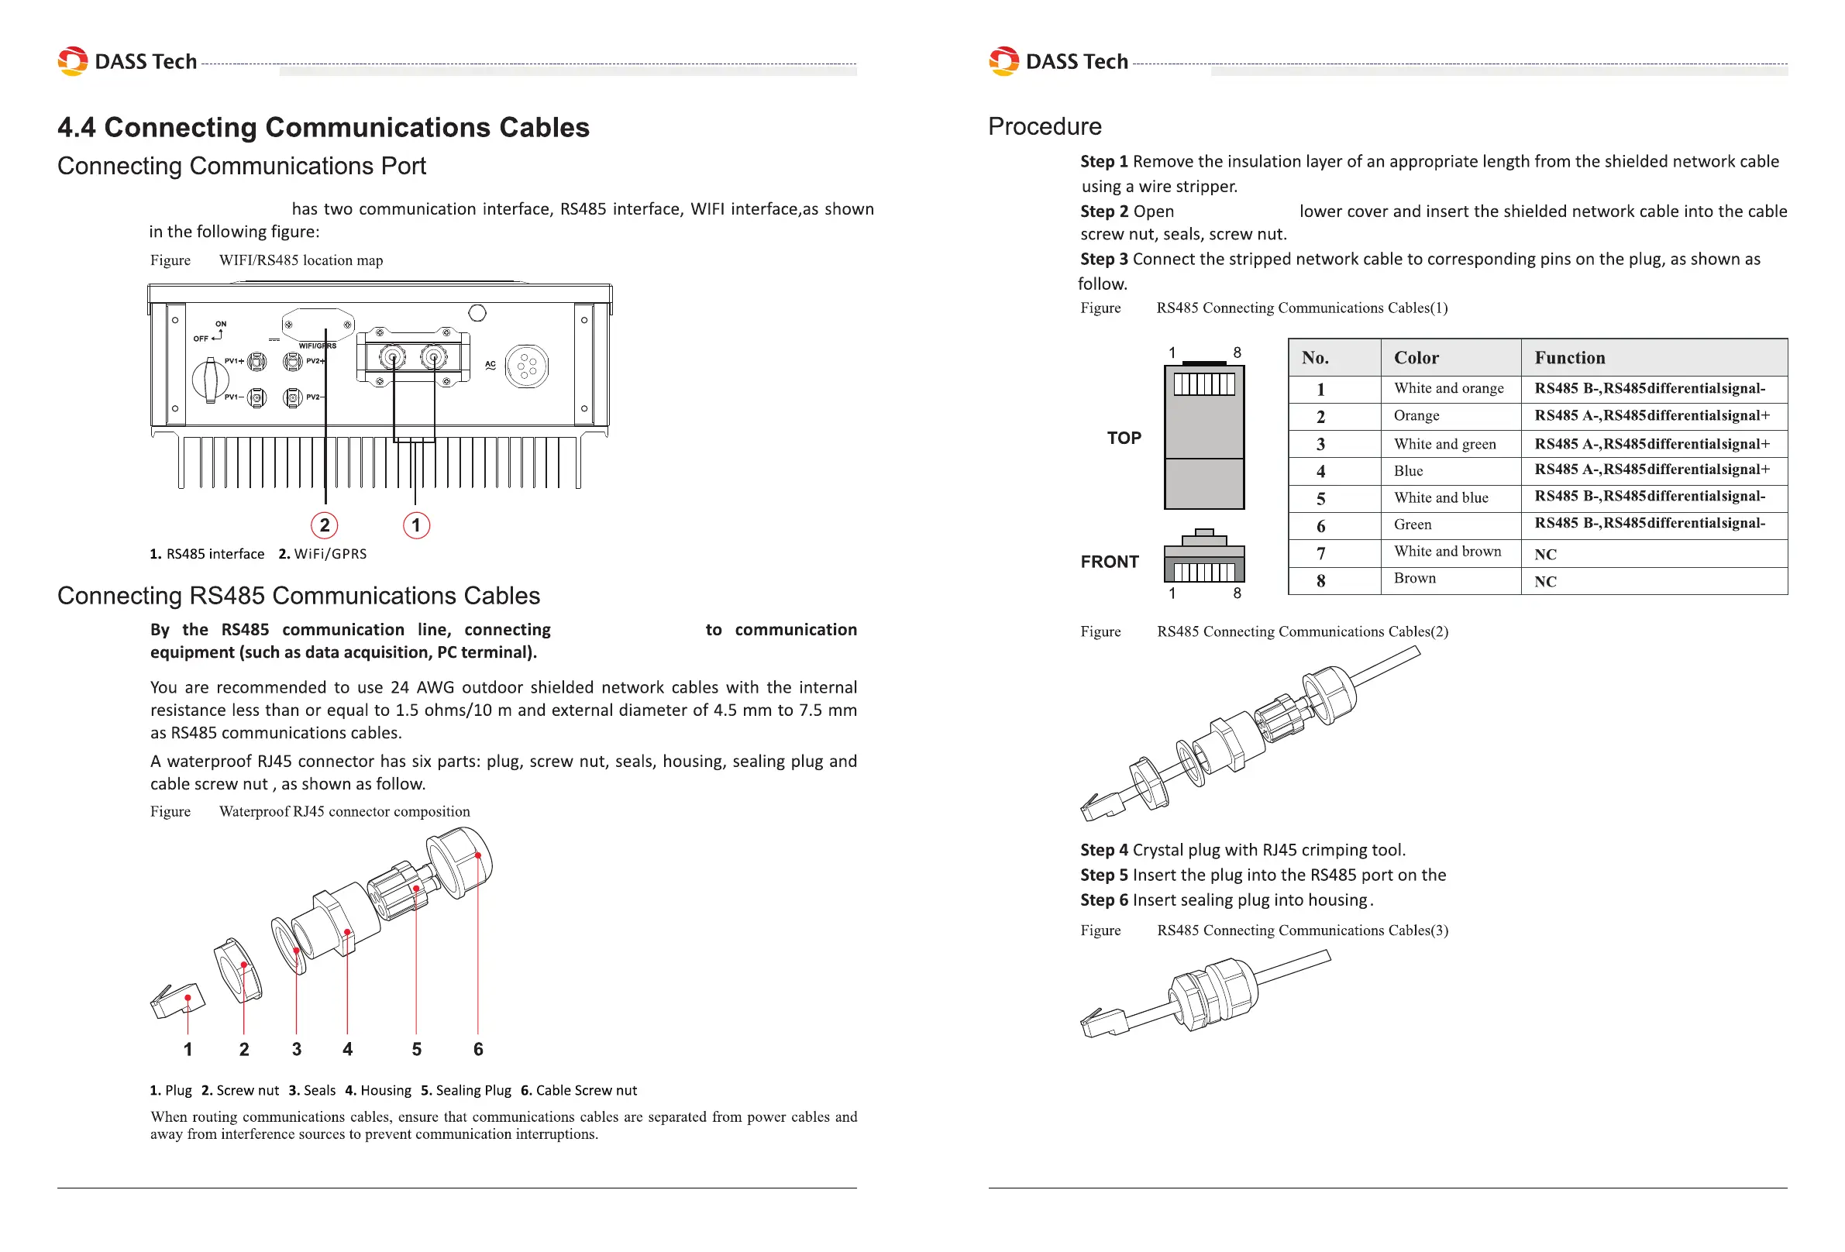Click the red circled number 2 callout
tap(324, 525)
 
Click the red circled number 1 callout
tap(416, 525)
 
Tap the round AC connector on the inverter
tap(526, 366)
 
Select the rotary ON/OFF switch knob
tap(210, 378)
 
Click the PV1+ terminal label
tap(234, 361)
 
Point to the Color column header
tap(1416, 358)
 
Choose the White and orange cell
tap(1449, 388)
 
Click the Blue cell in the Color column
tap(1409, 471)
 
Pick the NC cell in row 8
tap(1545, 582)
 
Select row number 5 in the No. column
tap(1321, 499)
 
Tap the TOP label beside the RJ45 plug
tap(1124, 439)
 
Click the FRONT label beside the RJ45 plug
tap(1110, 562)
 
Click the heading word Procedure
tap(1045, 127)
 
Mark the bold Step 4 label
tap(1103, 850)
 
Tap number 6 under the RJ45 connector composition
tap(478, 1050)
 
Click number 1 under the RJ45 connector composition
tap(188, 1050)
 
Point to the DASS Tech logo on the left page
tap(128, 61)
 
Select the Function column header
tap(1569, 358)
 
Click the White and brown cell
tap(1447, 552)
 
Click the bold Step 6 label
tap(1103, 900)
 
